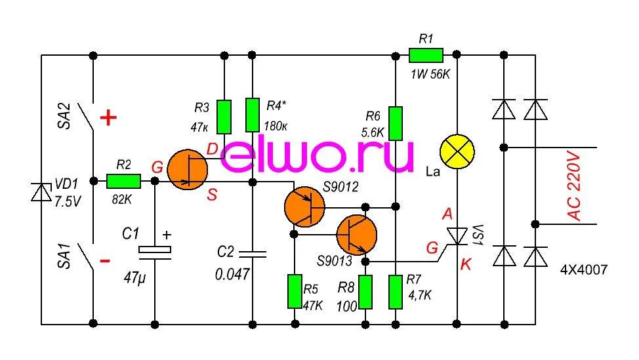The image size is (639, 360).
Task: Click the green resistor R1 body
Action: pyautogui.click(x=426, y=54)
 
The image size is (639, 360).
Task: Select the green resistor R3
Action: pyautogui.click(x=224, y=115)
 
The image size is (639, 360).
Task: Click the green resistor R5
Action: pyautogui.click(x=295, y=291)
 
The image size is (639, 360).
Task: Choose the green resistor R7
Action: pyautogui.click(x=395, y=292)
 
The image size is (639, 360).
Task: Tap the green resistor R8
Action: pyautogui.click(x=365, y=292)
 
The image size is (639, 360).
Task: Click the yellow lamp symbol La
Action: pyautogui.click(x=456, y=151)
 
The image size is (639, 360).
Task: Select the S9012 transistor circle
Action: pyautogui.click(x=304, y=207)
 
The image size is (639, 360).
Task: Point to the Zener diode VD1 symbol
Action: pyautogui.click(x=42, y=192)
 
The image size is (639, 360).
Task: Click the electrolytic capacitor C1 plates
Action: pyautogui.click(x=155, y=250)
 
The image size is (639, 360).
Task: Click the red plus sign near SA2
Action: pyautogui.click(x=108, y=119)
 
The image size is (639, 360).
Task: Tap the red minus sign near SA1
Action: pyautogui.click(x=105, y=260)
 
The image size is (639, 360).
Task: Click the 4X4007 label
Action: pyautogui.click(x=584, y=270)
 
